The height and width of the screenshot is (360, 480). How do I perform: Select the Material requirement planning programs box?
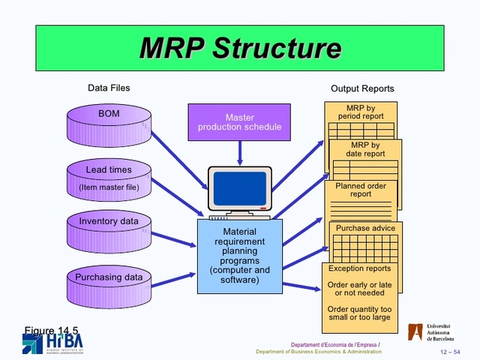click(x=239, y=256)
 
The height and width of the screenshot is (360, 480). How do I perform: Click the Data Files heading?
click(x=109, y=88)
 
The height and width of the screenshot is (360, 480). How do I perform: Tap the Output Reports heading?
click(x=362, y=88)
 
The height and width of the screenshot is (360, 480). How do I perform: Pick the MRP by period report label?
click(x=361, y=112)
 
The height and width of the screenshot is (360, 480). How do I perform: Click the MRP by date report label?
click(x=365, y=149)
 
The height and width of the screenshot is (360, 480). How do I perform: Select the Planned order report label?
click(x=361, y=190)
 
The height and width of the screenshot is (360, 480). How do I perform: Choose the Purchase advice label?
click(x=364, y=228)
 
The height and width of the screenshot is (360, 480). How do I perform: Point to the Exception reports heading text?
click(x=359, y=268)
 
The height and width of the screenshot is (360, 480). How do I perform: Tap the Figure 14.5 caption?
click(x=51, y=331)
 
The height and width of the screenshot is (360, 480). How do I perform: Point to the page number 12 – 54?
click(x=450, y=352)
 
